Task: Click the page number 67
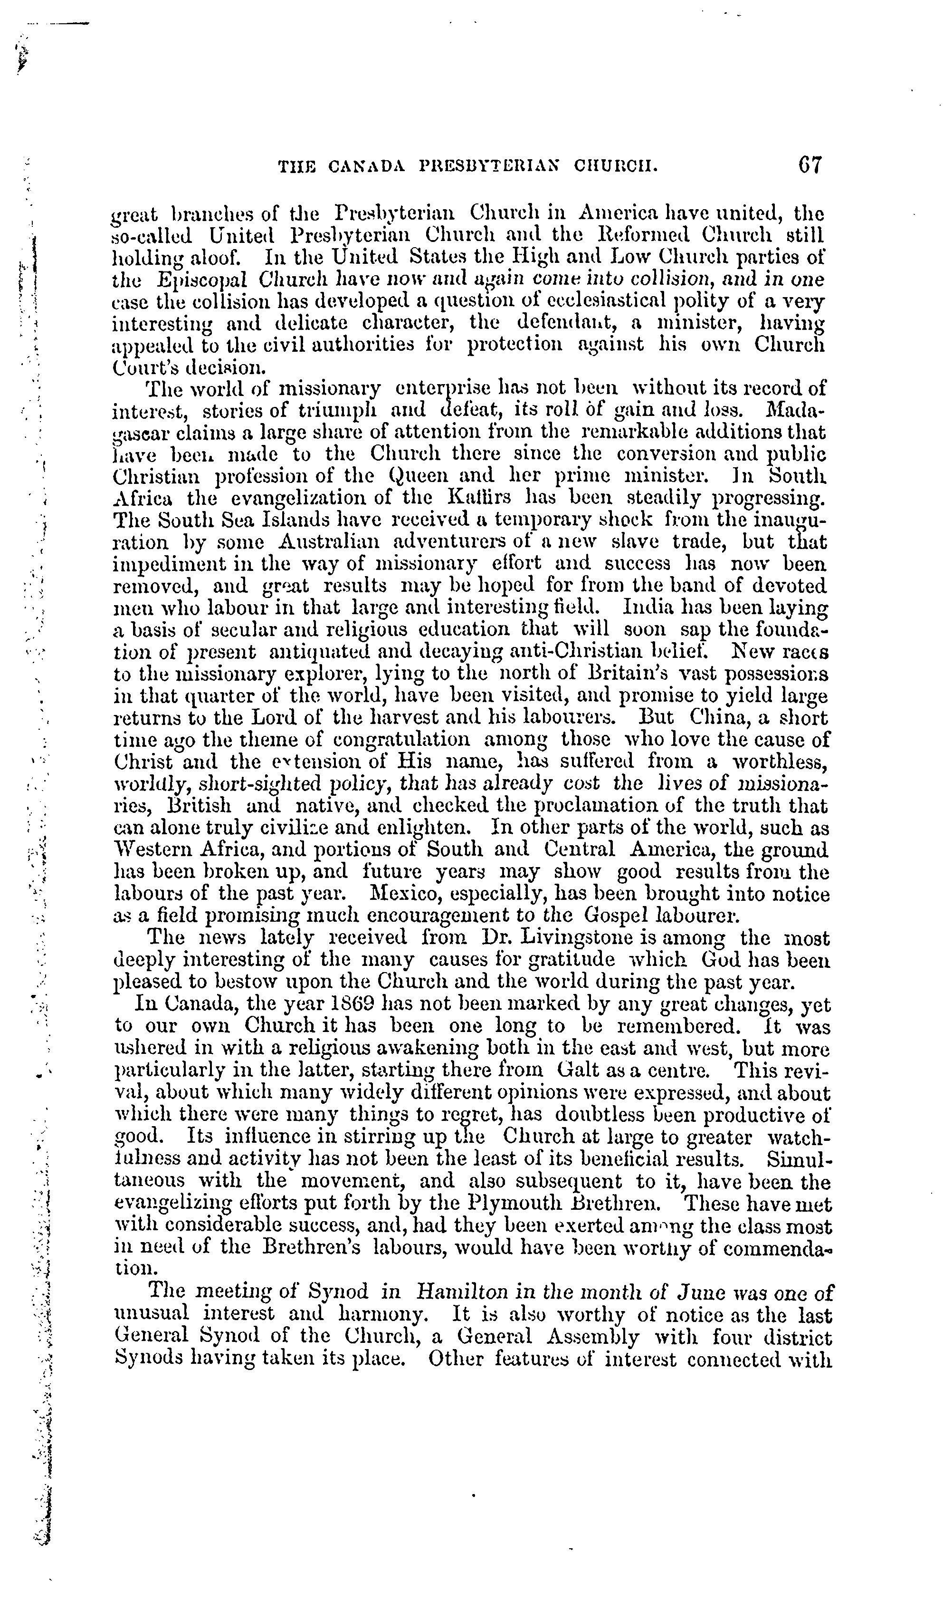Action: [809, 165]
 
